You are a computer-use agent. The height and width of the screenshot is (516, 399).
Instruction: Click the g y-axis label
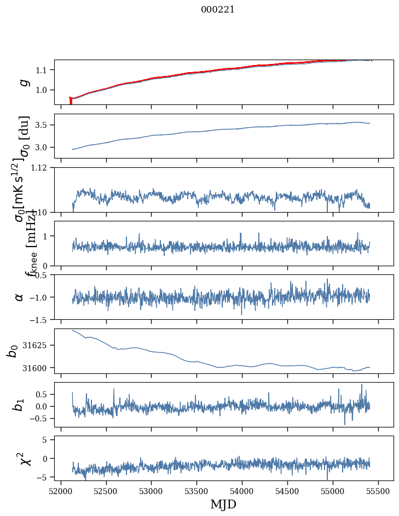click(24, 82)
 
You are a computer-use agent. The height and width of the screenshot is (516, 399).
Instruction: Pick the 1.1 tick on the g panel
click(44, 70)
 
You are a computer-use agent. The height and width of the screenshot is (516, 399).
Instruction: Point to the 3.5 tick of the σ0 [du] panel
click(44, 125)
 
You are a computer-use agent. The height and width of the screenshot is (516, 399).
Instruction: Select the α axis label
click(20, 297)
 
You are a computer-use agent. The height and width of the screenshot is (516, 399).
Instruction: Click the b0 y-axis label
click(13, 351)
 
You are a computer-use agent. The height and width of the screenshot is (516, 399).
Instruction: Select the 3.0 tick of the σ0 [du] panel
click(44, 148)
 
